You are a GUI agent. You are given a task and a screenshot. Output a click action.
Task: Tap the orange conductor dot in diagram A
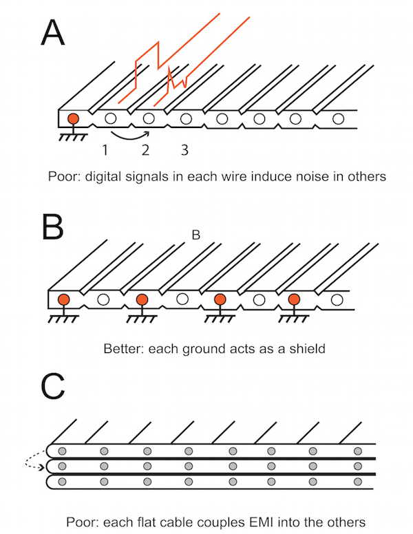coord(72,119)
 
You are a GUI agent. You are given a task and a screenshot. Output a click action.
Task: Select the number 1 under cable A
coord(105,149)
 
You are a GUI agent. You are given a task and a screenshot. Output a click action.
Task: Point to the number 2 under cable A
coord(145,149)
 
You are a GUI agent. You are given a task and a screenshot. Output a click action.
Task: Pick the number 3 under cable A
coord(184,149)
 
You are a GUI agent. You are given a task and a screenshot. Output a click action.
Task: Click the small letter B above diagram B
coord(195,235)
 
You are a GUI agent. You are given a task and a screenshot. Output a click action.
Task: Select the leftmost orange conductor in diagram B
coord(64,299)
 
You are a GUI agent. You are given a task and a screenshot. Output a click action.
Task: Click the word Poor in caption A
coord(64,176)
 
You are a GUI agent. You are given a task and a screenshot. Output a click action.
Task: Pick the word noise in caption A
coord(304,176)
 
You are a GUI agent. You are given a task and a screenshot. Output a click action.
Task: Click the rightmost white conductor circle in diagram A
coord(337,119)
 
